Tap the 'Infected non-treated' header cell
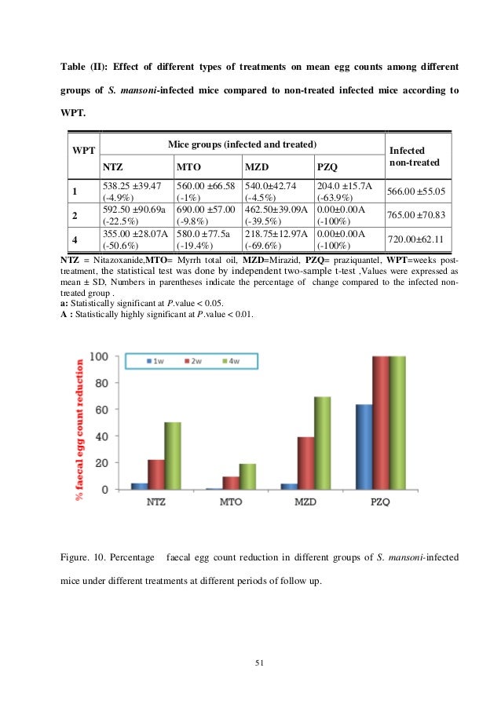(418, 155)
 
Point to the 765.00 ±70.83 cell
(418, 215)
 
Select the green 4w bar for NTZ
(172, 456)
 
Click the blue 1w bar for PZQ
(364, 447)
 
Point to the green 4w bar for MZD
(322, 443)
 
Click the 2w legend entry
(194, 361)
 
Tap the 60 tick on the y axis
(101, 410)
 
